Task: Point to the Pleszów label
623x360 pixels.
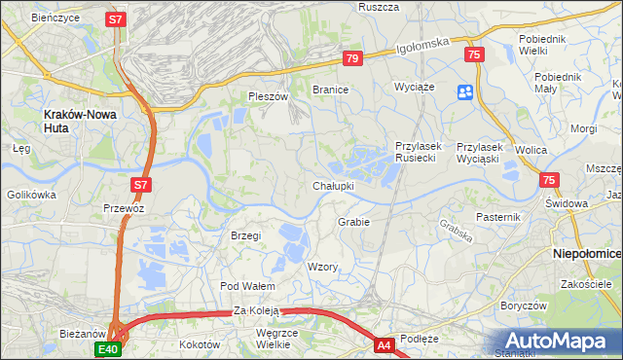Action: tap(269, 96)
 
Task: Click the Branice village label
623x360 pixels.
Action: tap(330, 89)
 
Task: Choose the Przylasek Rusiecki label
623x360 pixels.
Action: tap(420, 153)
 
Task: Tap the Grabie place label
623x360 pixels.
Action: tap(353, 222)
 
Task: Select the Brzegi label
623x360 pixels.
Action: tap(246, 235)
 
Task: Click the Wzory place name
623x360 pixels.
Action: tap(322, 267)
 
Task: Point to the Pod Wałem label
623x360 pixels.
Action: tap(247, 286)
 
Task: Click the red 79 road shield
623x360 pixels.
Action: tap(352, 59)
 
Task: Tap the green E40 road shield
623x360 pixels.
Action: tap(107, 348)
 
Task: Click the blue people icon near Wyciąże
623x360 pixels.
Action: tap(464, 92)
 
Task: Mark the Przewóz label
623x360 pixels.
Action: tap(124, 208)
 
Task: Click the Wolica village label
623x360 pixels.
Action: tap(531, 150)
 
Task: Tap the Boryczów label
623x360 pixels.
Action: tap(520, 305)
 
